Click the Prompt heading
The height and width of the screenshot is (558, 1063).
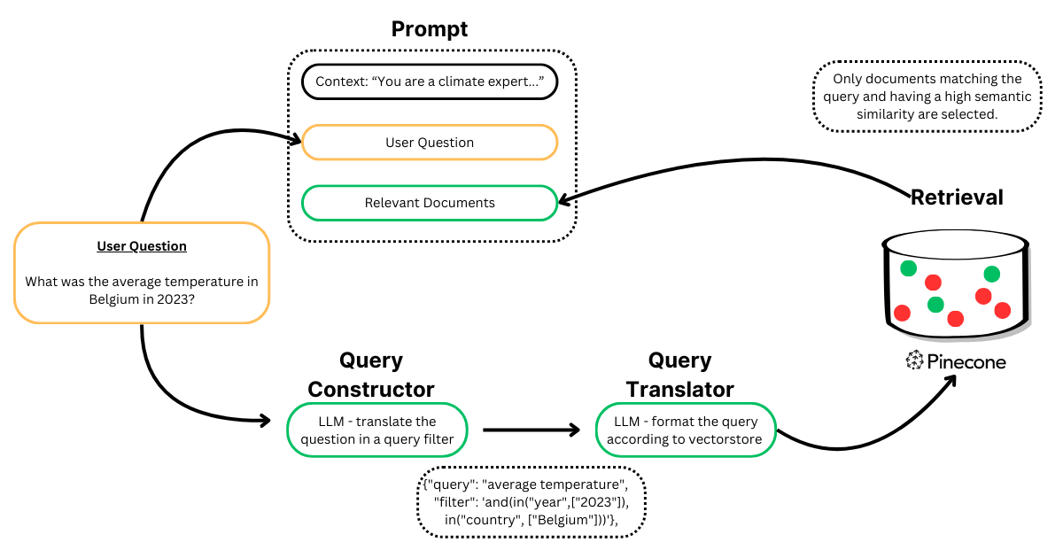coord(430,28)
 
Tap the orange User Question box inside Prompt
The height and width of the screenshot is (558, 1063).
coord(430,143)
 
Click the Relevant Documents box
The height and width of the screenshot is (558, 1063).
coord(430,203)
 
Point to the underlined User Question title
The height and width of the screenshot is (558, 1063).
coord(142,246)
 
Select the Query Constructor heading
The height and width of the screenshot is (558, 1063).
coord(370,375)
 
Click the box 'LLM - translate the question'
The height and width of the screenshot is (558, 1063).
coord(377,430)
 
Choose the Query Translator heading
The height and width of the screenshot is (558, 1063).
coord(679,375)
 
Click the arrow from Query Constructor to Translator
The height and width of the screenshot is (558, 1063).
coord(531,430)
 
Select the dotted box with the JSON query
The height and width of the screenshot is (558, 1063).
coord(531,502)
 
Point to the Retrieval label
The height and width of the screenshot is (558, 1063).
coord(957,198)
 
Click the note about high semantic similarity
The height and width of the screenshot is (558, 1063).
coord(927,97)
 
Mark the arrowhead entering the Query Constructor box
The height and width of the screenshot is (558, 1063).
coord(263,421)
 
